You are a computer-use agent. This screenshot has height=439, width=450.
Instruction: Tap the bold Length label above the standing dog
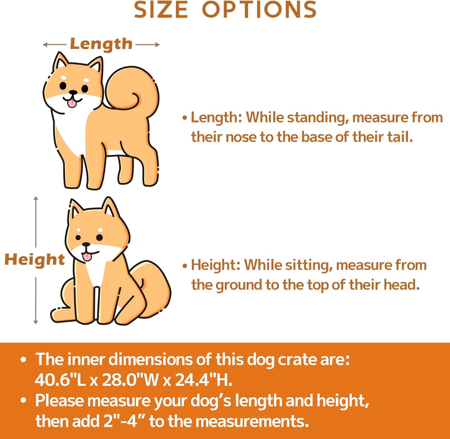[x=101, y=44]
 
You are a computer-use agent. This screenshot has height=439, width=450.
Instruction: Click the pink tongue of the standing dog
[x=72, y=103]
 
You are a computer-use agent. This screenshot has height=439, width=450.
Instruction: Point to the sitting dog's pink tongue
[x=87, y=257]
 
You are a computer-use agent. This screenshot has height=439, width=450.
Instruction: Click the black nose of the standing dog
[x=73, y=92]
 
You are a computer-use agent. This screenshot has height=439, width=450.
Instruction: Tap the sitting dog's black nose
[x=86, y=244]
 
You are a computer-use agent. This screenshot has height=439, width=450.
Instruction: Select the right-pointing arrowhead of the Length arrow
[x=157, y=45]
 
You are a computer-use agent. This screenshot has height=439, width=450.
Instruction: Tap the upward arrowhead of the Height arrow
[x=36, y=199]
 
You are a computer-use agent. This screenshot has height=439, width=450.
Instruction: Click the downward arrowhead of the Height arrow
[x=36, y=322]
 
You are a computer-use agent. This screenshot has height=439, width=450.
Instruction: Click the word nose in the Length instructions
[x=241, y=137]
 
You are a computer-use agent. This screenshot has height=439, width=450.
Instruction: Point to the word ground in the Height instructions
[x=239, y=285]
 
